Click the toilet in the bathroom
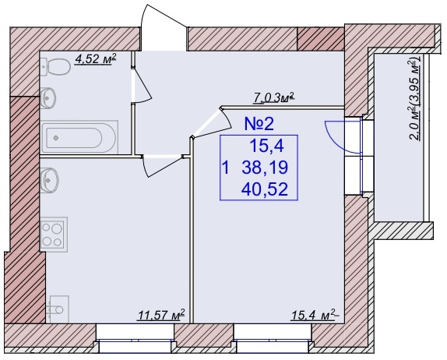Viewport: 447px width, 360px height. pos(55,67)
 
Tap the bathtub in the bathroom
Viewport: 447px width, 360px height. pos(79,137)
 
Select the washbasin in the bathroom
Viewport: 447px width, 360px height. pos(48,98)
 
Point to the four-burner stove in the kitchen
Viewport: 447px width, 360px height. pos(54,235)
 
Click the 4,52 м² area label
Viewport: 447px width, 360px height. pos(95,59)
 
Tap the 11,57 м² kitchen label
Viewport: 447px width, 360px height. pos(161,316)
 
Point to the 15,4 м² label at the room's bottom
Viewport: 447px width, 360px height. pos(315,316)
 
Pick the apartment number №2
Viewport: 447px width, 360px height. pos(259,124)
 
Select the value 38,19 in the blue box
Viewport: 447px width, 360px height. pos(265,168)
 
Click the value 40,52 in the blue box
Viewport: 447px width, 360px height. pos(264,189)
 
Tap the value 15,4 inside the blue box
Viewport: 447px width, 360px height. pos(267,146)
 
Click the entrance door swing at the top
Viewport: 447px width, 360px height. pos(164,27)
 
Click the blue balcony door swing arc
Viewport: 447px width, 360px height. pos(340,137)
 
